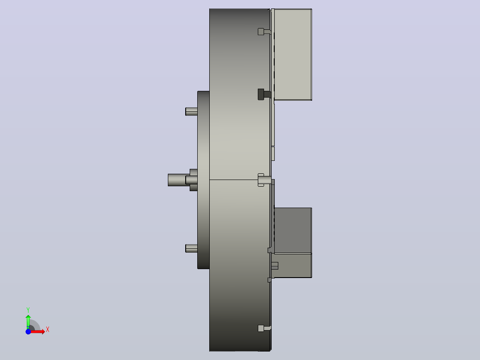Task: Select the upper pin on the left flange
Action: [x=191, y=111]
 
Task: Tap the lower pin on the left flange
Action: [x=191, y=249]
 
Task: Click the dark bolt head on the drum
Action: [x=261, y=94]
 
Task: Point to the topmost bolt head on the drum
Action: [x=261, y=32]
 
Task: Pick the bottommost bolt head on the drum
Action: [x=261, y=328]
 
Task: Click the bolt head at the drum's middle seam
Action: [x=261, y=180]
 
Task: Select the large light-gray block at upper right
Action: [x=293, y=54]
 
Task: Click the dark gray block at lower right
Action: [x=293, y=230]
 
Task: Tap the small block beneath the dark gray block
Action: [x=293, y=266]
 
